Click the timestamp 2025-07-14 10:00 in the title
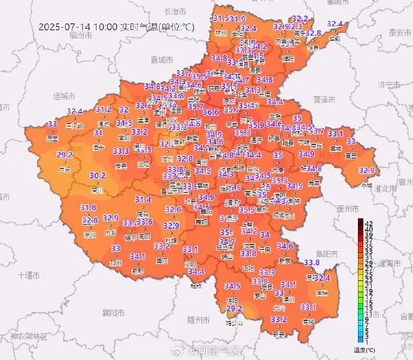pyautogui.click(x=78, y=27)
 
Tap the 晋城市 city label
pyautogui.click(x=162, y=59)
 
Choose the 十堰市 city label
pyautogui.click(x=29, y=275)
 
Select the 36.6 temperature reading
pyautogui.click(x=211, y=112)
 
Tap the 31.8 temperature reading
pyautogui.click(x=88, y=208)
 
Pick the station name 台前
pyautogui.click(x=334, y=38)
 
